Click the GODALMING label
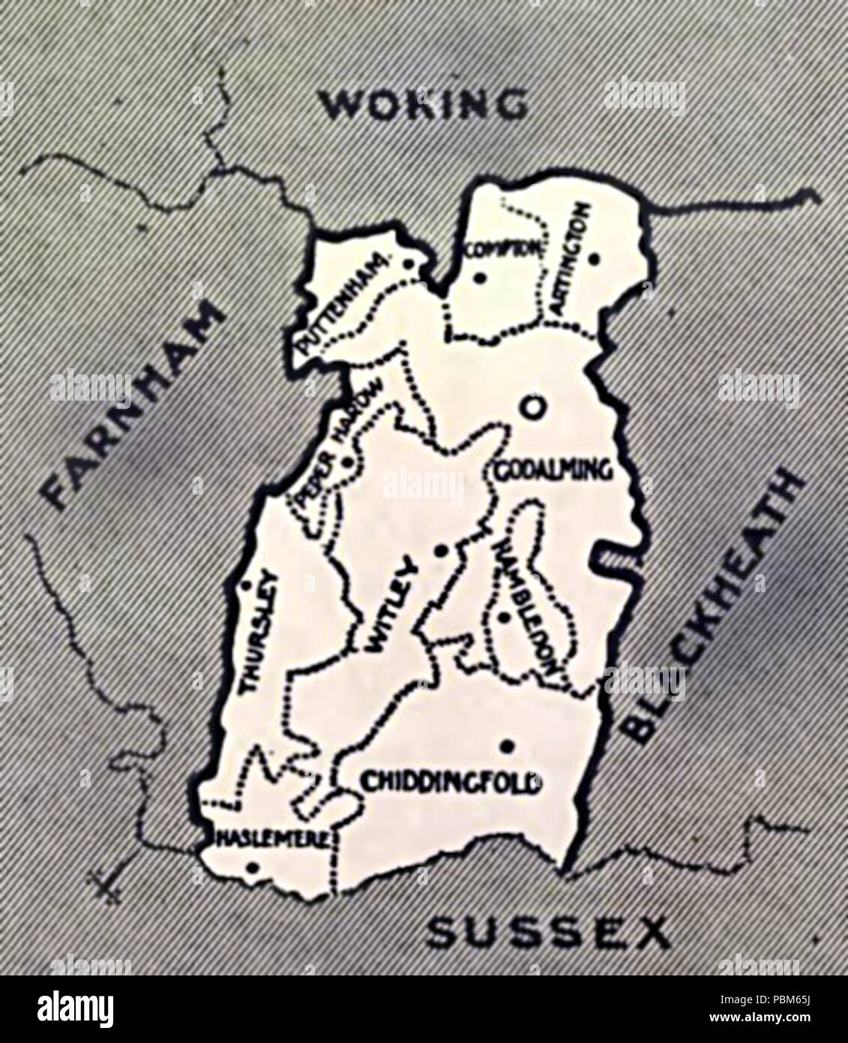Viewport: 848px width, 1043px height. (x=553, y=471)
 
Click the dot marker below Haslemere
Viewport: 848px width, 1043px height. (x=252, y=868)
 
